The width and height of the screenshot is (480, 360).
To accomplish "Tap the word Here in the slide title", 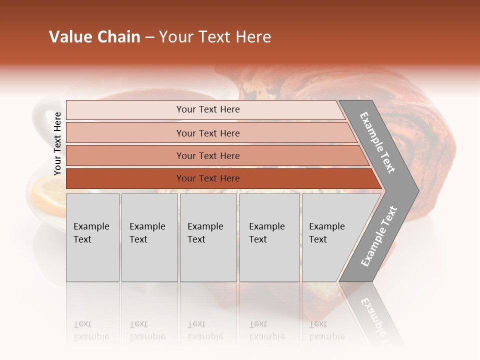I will pos(253,37).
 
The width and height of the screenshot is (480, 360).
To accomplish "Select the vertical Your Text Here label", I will pos(57,143).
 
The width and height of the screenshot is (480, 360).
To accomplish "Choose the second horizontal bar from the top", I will pos(207,133).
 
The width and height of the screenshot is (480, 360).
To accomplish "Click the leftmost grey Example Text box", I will pos(92,237).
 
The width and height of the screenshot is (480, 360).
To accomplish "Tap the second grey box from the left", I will pos(149,237).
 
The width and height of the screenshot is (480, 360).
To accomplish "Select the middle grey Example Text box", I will pos(208,237).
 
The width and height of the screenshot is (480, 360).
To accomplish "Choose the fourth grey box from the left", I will pos(269,237).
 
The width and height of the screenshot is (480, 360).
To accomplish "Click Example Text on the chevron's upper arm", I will pos(377,142).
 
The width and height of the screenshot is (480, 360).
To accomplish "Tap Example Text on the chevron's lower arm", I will pos(379,236).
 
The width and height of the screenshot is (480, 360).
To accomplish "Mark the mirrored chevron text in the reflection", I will pos(375,315).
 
